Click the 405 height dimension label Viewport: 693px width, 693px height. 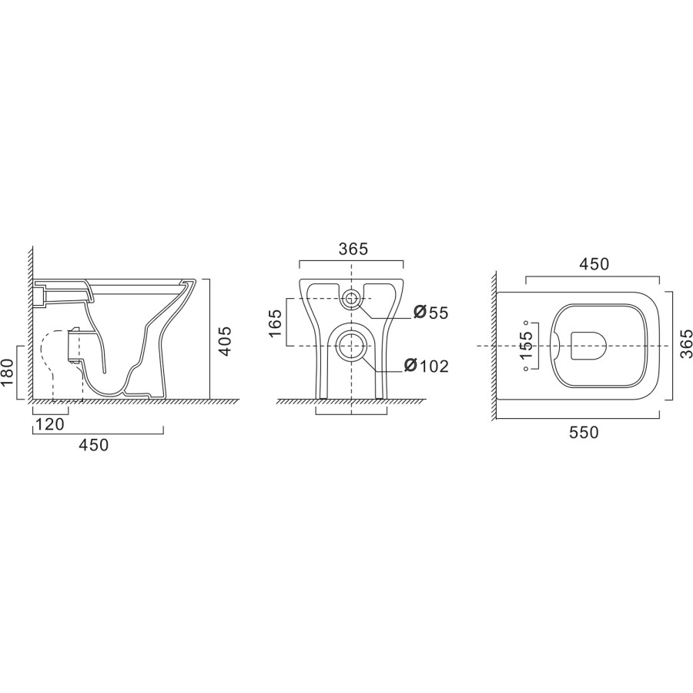(x=226, y=341)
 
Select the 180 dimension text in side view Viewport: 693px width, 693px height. (x=8, y=373)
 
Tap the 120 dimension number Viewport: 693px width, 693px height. (x=49, y=424)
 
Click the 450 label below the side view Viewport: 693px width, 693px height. (x=94, y=444)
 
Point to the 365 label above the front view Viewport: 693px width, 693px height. (x=353, y=249)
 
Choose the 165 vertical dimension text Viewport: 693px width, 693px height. (x=275, y=323)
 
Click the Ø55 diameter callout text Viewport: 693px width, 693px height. (x=431, y=313)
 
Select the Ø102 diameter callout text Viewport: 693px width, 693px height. (x=426, y=366)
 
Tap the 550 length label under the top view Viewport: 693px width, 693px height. (x=584, y=432)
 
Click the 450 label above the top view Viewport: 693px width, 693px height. (x=594, y=264)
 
